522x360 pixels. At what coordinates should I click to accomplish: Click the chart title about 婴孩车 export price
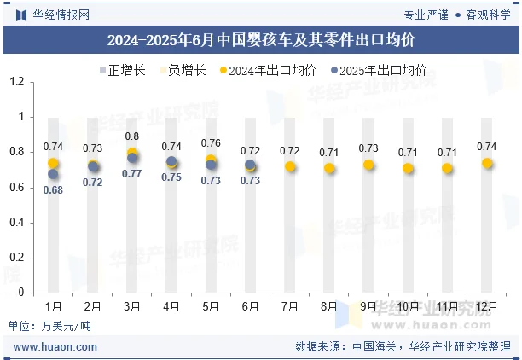coord(261,40)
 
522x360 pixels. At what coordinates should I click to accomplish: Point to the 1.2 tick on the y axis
coord(16,82)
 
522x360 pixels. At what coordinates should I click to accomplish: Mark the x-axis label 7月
coord(290,306)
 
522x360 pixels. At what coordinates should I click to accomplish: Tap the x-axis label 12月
coord(487,306)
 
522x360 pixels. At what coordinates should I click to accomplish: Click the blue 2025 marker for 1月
coord(53,174)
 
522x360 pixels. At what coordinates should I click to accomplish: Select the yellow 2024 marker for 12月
coord(487,163)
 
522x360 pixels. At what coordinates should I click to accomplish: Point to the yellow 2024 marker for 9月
coord(368,165)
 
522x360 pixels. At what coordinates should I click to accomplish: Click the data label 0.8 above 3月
coord(132,136)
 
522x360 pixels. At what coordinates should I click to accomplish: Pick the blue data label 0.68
coord(53,190)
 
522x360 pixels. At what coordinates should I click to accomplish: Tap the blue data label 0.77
coord(132,174)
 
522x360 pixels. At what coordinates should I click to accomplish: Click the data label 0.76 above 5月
coord(211,143)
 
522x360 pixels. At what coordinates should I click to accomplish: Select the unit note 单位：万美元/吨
coord(49,326)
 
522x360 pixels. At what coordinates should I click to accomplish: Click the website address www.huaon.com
coord(55,347)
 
